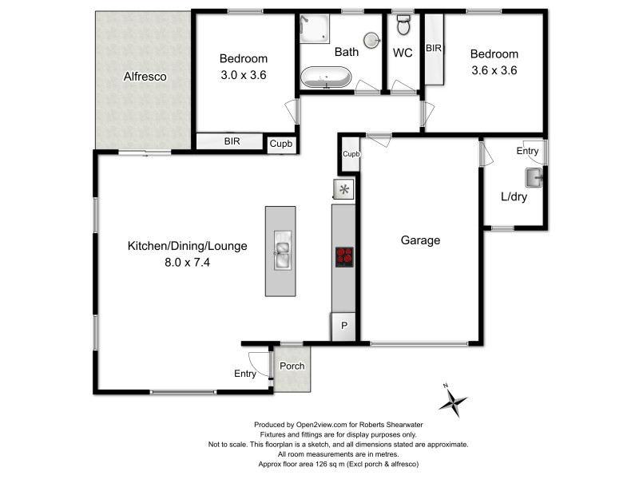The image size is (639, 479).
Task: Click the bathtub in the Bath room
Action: click(x=325, y=78)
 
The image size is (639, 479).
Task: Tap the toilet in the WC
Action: click(x=403, y=27)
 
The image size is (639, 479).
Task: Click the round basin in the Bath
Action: click(x=371, y=40)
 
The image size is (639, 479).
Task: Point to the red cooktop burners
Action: click(x=343, y=257)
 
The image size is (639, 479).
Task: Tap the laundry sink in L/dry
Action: click(x=533, y=176)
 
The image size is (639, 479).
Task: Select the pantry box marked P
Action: click(x=344, y=326)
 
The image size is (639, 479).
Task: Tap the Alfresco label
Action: click(x=143, y=77)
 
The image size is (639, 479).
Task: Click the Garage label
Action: click(x=420, y=239)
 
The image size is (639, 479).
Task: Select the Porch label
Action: click(x=292, y=366)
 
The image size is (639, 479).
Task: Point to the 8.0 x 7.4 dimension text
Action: click(x=188, y=260)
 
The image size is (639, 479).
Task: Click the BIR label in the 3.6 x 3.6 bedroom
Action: click(x=434, y=49)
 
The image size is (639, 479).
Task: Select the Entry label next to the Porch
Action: click(x=245, y=374)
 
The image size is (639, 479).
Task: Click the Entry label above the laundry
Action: click(x=528, y=151)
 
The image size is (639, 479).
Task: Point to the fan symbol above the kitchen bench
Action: click(x=344, y=189)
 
